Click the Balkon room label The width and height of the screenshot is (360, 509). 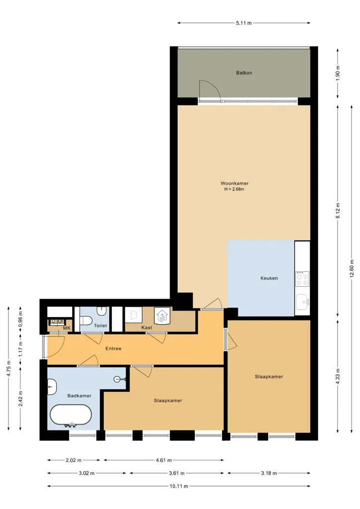coord(244,73)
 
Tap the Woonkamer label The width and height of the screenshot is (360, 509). coord(234,183)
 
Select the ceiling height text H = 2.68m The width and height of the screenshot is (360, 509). coord(234,189)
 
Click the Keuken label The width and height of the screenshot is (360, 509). coord(269,278)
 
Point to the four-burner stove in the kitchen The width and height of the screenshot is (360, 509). coord(302,279)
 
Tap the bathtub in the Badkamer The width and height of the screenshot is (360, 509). coord(71,415)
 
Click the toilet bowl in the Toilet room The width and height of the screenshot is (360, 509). coord(86,321)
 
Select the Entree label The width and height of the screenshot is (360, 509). coord(113,348)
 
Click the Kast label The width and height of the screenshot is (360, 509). coord(147,328)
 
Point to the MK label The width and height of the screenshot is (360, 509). coord(67,328)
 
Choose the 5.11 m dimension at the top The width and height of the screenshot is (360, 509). coord(244,23)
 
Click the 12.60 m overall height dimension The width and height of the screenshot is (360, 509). coord(352,268)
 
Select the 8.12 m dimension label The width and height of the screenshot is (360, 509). coord(338,210)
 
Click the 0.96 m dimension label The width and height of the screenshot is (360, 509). coord(20,319)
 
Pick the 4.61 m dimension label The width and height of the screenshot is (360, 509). coord(164,460)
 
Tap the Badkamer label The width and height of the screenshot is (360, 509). coord(79,396)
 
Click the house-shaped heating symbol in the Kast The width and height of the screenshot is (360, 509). coord(162,316)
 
